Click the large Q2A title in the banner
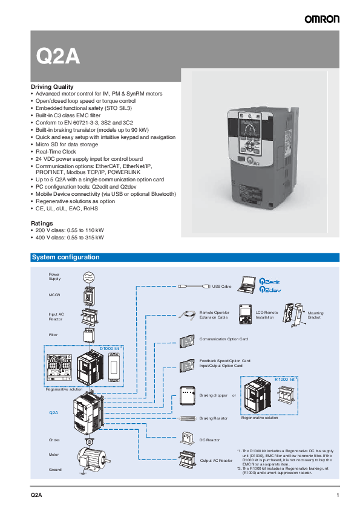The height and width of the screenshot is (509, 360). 58,56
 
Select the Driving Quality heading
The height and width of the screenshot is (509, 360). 52,86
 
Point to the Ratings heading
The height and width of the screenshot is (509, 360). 42,223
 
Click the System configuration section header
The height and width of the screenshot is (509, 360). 66,258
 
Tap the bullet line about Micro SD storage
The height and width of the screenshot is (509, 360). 67,144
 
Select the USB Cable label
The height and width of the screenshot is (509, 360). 222,286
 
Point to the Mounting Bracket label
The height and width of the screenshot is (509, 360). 315,315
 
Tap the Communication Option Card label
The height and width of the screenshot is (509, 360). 223,339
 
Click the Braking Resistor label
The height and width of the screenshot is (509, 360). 214,418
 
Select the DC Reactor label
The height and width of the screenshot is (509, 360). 210,440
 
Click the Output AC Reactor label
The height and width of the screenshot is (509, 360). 216,461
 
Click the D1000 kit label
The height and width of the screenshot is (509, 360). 110,349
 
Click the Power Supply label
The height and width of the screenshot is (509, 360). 54,277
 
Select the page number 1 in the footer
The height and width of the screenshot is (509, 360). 337,495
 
